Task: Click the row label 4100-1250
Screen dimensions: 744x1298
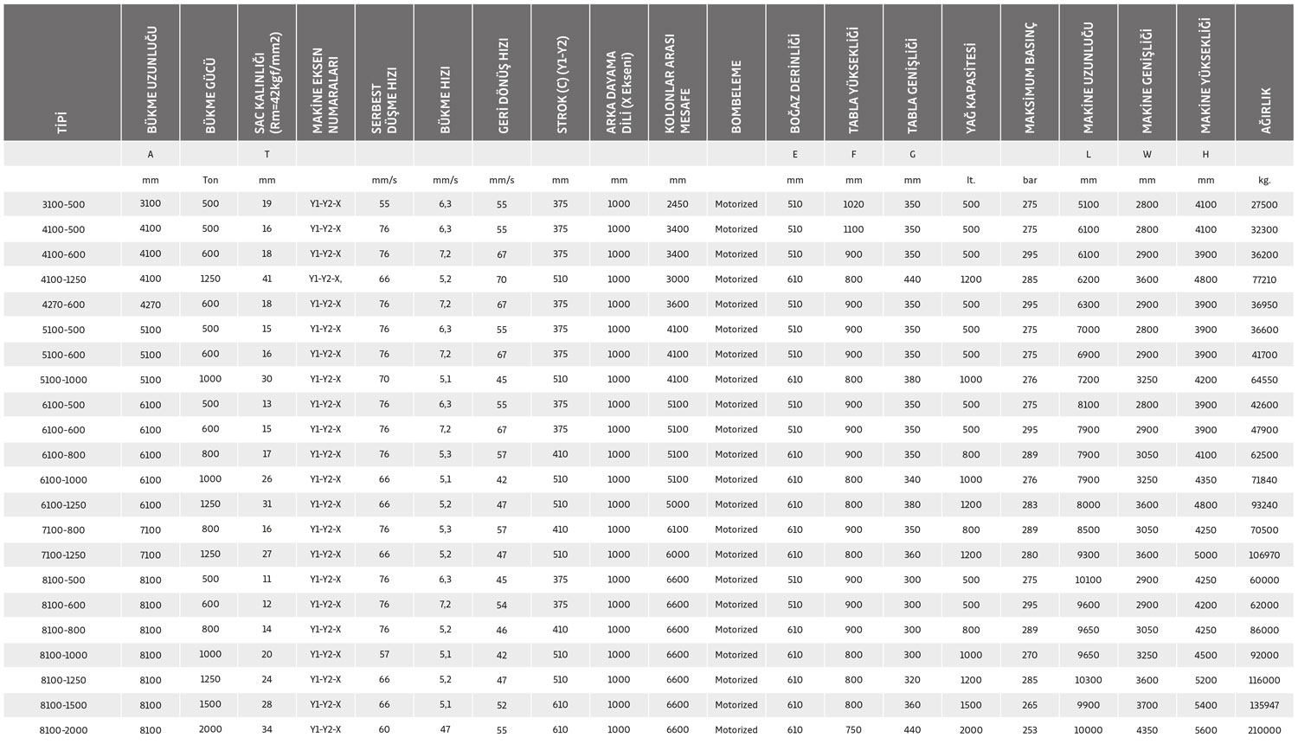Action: click(x=63, y=279)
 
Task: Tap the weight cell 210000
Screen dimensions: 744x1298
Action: click(x=1264, y=730)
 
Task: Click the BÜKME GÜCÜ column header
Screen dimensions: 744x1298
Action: click(x=209, y=95)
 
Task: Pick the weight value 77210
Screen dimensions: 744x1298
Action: click(x=1264, y=279)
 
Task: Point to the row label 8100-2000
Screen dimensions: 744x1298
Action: click(x=63, y=730)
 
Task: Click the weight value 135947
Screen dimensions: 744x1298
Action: click(x=1264, y=705)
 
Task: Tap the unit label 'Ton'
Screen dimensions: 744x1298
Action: click(x=210, y=180)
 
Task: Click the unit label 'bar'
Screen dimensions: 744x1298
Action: click(x=1030, y=180)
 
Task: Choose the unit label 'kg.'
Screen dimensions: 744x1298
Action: click(x=1264, y=180)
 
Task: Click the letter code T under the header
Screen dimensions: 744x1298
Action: click(x=267, y=154)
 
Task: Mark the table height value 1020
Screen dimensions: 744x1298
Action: click(x=854, y=204)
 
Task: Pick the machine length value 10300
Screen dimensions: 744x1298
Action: click(x=1089, y=680)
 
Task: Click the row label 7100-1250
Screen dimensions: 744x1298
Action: click(x=63, y=555)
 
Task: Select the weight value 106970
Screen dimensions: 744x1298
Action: click(x=1264, y=555)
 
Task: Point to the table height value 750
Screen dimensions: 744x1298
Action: click(x=854, y=730)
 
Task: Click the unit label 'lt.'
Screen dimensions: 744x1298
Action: click(x=971, y=180)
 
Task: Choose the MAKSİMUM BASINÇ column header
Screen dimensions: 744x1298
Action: click(x=1030, y=78)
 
